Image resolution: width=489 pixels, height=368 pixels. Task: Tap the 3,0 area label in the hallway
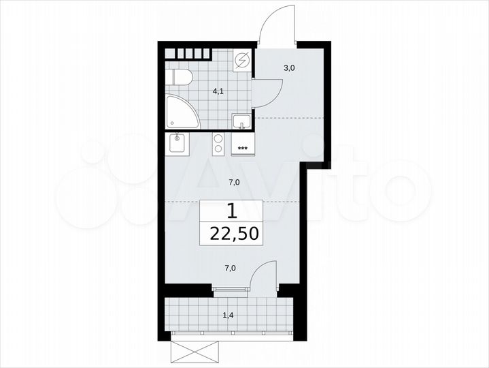tap(290, 68)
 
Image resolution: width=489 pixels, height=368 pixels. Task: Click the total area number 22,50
tap(233, 234)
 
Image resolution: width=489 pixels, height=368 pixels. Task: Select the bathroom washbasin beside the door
tap(241, 121)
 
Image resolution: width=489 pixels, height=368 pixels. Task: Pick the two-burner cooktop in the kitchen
tap(220, 144)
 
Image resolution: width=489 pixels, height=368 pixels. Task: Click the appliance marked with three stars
tap(243, 144)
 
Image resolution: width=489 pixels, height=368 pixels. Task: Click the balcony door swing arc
tap(262, 276)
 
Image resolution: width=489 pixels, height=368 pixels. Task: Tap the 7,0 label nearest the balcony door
tap(231, 268)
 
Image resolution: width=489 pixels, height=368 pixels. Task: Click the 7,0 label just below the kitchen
tap(233, 182)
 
